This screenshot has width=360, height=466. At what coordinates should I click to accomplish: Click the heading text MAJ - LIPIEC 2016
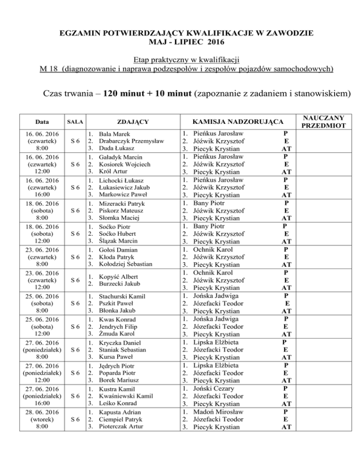click(x=180, y=43)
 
